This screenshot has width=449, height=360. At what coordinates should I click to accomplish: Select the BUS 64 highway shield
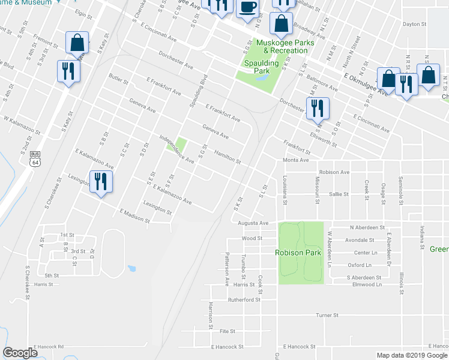[35, 158]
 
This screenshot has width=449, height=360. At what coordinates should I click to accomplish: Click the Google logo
[20, 353]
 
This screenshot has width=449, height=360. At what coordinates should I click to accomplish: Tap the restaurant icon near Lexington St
[101, 181]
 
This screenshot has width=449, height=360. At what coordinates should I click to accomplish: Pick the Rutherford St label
[243, 299]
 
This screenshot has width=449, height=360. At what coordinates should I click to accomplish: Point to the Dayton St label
[414, 25]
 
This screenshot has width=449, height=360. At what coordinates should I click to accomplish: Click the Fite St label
[227, 331]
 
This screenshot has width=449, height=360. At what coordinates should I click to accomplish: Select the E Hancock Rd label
[49, 347]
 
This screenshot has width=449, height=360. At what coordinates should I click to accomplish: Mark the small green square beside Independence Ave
[181, 145]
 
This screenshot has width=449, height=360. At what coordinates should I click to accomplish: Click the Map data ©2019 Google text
[412, 355]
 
